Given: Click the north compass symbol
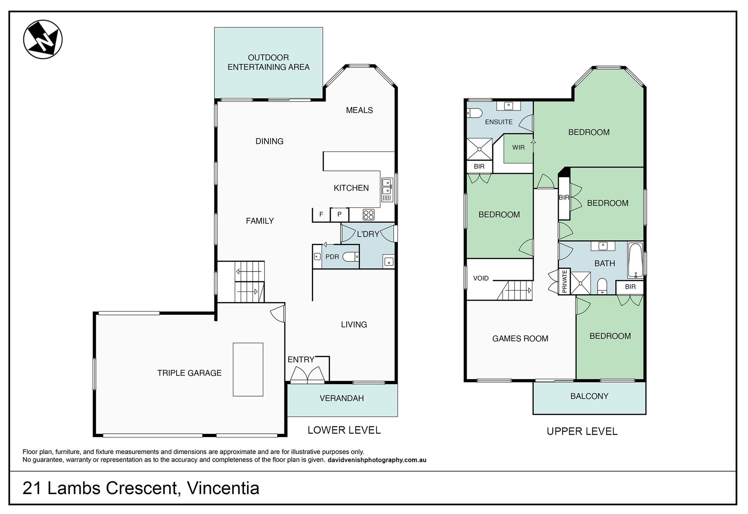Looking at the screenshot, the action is click(43, 39).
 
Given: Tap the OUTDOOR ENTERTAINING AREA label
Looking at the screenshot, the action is click(268, 62).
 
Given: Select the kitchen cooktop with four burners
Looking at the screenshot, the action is click(368, 214).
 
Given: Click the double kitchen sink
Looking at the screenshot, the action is click(387, 186).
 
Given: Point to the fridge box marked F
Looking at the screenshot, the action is click(321, 214).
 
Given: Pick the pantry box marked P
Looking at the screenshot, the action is click(339, 214).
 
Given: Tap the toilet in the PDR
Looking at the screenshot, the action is click(351, 256).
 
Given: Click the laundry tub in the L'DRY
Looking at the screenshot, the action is click(388, 261).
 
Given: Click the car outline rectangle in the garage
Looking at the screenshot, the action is click(248, 369).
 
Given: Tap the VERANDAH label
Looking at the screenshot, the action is click(342, 398).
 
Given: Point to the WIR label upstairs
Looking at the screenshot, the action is click(518, 147).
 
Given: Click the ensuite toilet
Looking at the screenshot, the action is click(475, 113).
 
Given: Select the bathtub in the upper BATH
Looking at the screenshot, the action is click(635, 260).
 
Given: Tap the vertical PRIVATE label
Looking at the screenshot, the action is click(565, 281).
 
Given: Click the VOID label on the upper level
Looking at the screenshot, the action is click(481, 278).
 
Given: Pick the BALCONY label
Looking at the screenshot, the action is click(589, 396).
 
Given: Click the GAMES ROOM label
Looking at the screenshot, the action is click(520, 339).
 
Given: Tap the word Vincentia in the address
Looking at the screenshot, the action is click(223, 488).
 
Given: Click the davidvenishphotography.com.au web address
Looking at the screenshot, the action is click(377, 460).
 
